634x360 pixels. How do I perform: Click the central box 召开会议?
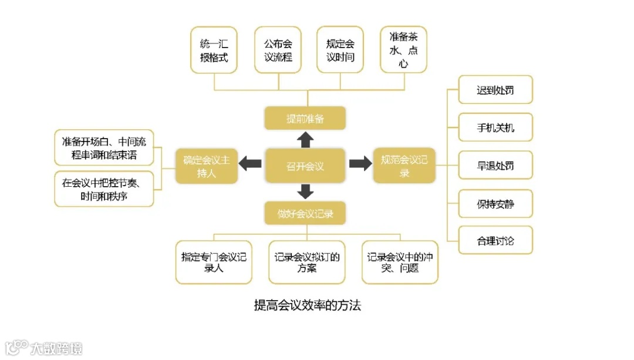click(305, 166)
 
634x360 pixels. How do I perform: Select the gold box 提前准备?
click(305, 119)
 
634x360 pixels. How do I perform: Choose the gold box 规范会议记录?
click(404, 166)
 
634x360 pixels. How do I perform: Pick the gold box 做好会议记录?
click(305, 214)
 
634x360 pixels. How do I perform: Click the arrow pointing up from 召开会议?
click(305, 140)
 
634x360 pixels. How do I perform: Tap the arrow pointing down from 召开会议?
click(305, 191)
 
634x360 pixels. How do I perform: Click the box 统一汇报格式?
click(214, 50)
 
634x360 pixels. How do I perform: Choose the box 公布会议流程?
click(278, 50)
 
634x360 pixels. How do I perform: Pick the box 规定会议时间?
click(340, 50)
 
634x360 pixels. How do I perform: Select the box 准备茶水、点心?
click(403, 50)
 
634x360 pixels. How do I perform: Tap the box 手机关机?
click(495, 127)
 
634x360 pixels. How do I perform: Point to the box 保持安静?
click(495, 204)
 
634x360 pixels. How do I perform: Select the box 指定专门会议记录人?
click(214, 262)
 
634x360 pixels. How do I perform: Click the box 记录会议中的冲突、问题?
click(400, 262)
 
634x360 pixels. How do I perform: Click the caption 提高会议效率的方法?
click(307, 305)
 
